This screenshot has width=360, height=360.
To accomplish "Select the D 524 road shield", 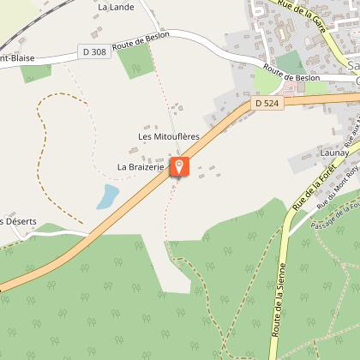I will [267, 104].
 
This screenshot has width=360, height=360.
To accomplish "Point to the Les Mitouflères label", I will [169, 136].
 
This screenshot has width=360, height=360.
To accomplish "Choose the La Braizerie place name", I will [141, 167].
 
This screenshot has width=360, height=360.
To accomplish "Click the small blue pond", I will [108, 196].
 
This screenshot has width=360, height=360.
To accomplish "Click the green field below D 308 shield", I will [135, 62].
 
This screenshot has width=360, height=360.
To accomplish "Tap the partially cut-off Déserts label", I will [19, 222].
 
